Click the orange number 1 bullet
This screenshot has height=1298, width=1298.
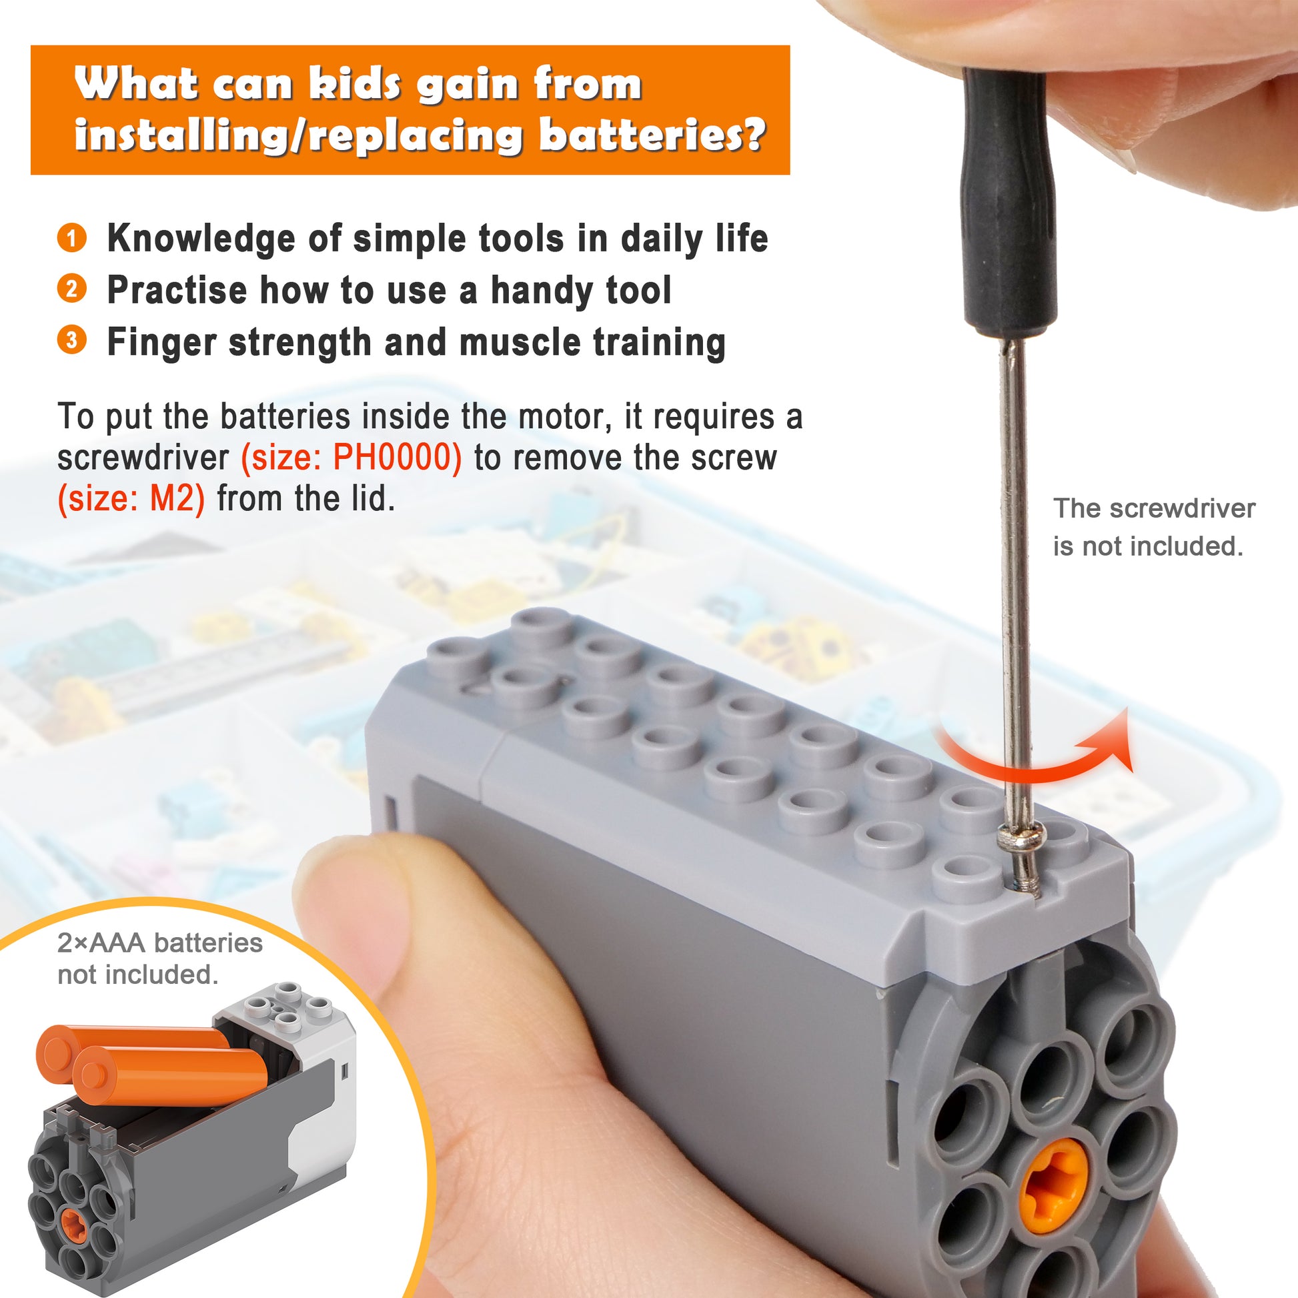pos(71,238)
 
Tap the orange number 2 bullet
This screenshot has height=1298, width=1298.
pos(71,289)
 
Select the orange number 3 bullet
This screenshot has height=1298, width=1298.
pos(71,340)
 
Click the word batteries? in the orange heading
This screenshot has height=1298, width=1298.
pos(652,134)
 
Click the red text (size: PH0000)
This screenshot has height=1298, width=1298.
pos(352,458)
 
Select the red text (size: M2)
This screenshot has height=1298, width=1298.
pos(131,499)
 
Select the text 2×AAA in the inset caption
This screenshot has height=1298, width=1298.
pos(101,943)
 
